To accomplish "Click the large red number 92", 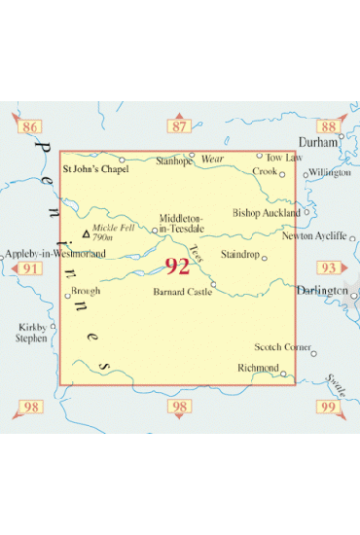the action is tap(177, 267).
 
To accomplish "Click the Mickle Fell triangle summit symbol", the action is tap(86, 234).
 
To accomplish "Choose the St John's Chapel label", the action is tap(94, 168).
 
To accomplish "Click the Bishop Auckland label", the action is tap(267, 212).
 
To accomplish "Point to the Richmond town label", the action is tap(257, 367).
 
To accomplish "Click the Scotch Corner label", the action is tap(283, 346).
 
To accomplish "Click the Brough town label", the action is tap(87, 290).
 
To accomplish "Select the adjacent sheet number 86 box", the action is tap(30, 127).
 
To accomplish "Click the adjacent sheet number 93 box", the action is tap(328, 267).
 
